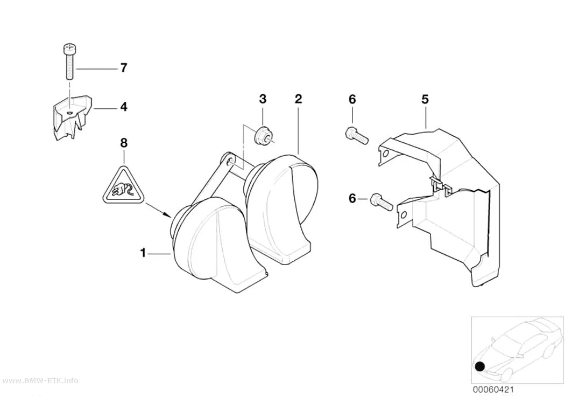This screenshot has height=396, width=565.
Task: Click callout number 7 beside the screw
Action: point(124,68)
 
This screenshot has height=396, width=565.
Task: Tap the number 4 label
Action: point(124,107)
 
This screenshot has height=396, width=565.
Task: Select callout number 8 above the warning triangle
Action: point(124,143)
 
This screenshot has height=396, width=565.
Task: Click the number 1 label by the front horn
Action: point(143,253)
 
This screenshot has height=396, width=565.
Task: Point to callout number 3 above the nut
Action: point(263,99)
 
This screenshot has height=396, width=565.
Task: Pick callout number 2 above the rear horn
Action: point(298,99)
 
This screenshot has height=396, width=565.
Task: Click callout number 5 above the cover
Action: point(425,99)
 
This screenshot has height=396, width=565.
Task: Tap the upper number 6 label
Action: point(352,99)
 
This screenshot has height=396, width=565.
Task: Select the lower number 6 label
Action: point(352,198)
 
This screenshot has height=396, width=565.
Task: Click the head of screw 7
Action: point(69,47)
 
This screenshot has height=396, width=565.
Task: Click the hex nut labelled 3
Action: point(262,136)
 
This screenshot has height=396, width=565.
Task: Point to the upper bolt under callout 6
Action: point(357,136)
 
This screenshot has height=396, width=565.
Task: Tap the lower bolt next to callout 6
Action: point(381,202)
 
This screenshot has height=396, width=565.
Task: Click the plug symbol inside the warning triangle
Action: point(123,189)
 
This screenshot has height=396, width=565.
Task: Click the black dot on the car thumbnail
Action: point(480,367)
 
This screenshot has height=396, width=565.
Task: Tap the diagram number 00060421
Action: point(493,390)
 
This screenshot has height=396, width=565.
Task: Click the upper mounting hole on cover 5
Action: point(386,155)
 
